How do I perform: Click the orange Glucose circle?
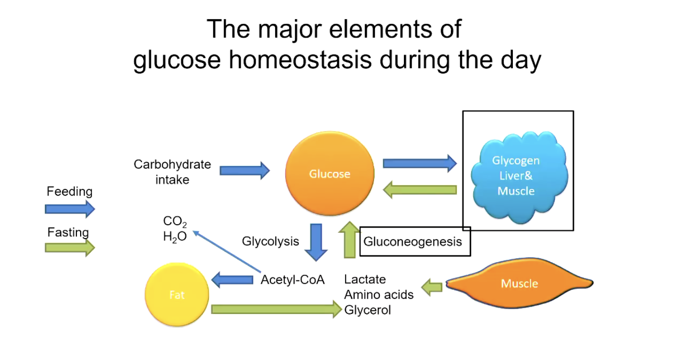pyautogui.click(x=330, y=173)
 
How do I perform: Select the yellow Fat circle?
pyautogui.click(x=177, y=294)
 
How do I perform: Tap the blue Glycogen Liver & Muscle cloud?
pyautogui.click(x=519, y=177)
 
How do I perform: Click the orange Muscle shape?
pyautogui.click(x=519, y=283)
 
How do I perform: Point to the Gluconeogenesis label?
pyautogui.click(x=412, y=241)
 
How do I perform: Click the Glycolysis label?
pyautogui.click(x=270, y=241)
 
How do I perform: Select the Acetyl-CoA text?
pyautogui.click(x=292, y=279)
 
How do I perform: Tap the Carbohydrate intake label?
pyautogui.click(x=172, y=172)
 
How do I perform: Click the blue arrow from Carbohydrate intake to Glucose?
pyautogui.click(x=244, y=170)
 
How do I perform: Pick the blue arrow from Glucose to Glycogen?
pyautogui.click(x=420, y=163)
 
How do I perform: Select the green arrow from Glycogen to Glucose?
pyautogui.click(x=420, y=190)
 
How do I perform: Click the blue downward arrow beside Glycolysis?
pyautogui.click(x=316, y=242)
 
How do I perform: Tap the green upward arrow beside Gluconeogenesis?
pyautogui.click(x=350, y=240)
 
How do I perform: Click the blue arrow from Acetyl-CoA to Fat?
pyautogui.click(x=232, y=280)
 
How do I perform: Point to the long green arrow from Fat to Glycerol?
pyautogui.click(x=277, y=310)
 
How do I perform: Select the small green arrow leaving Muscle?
pyautogui.click(x=432, y=287)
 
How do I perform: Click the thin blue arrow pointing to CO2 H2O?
pyautogui.click(x=227, y=252)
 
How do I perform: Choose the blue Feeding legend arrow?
pyautogui.click(x=70, y=209)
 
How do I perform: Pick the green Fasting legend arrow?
pyautogui.click(x=70, y=248)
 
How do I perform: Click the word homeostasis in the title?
pyautogui.click(x=300, y=60)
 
